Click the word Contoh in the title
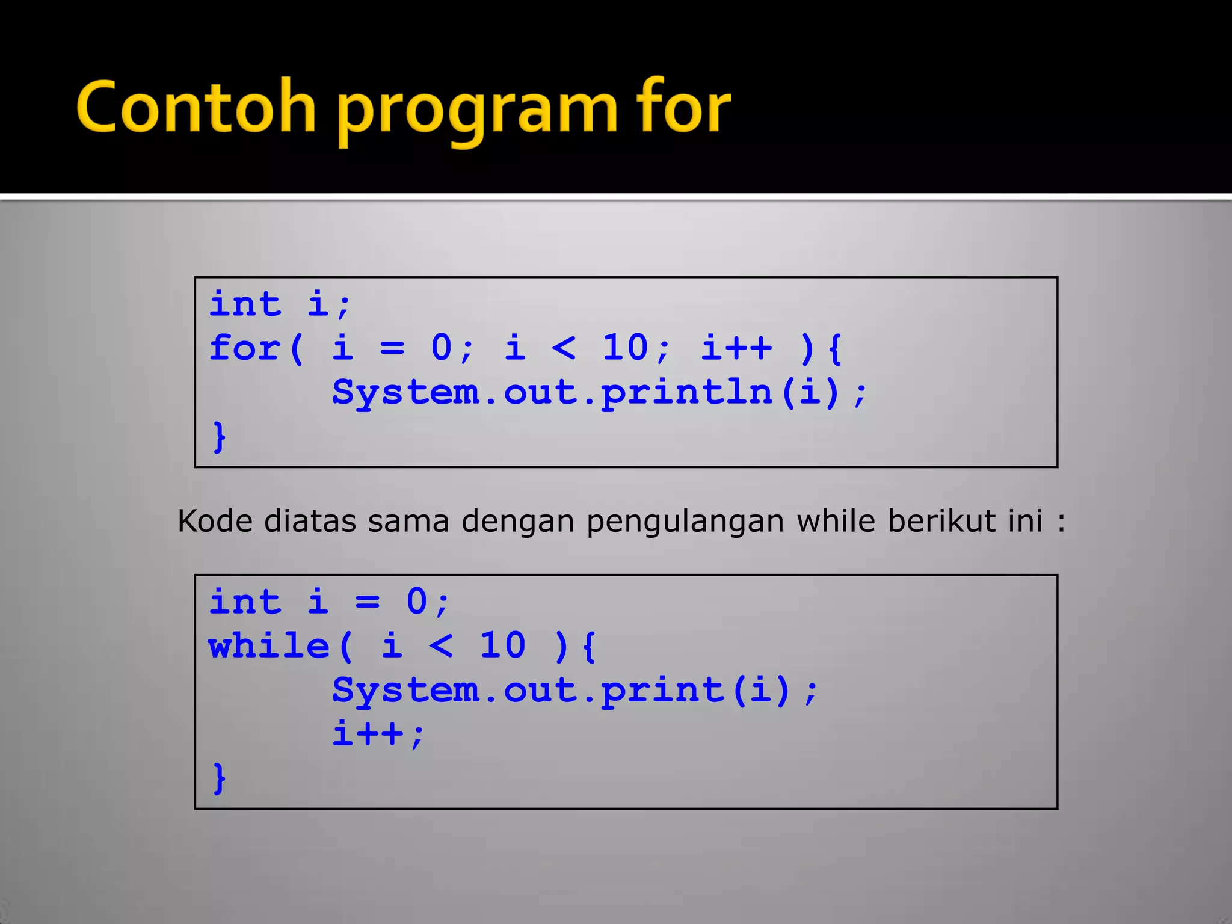coord(196,108)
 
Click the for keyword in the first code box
coord(245,348)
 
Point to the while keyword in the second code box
coord(268,646)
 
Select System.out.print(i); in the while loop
coord(575,691)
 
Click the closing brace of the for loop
coord(220,437)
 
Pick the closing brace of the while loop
coord(220,778)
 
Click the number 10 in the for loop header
coord(626,348)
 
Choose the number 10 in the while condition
coord(503,646)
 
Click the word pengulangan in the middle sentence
coord(685,522)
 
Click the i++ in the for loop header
coord(736,348)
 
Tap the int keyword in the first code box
coord(245,304)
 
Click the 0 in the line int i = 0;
coord(417,602)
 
